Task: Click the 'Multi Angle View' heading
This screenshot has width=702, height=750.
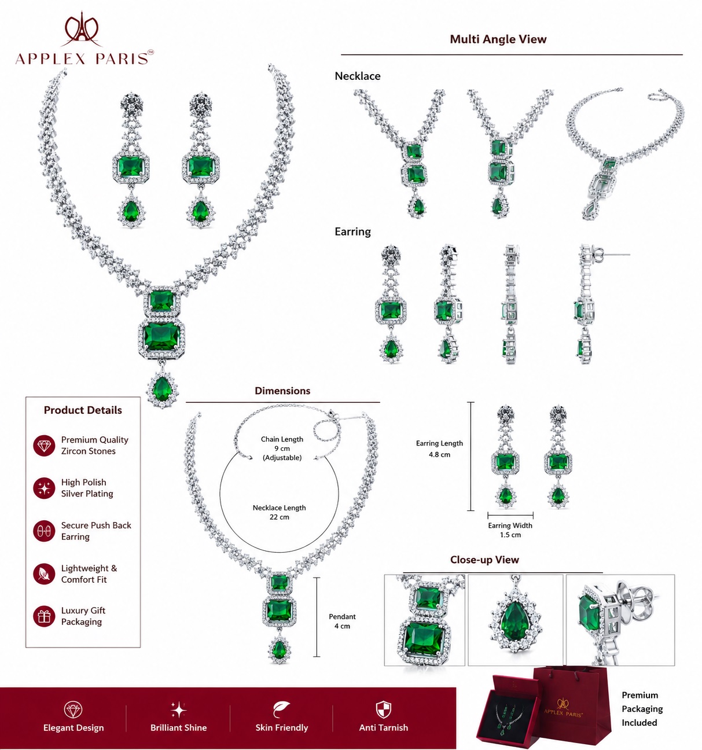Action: [498, 39]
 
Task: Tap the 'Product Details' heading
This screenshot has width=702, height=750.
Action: [83, 410]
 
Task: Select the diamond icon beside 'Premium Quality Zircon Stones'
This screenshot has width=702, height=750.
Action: [44, 446]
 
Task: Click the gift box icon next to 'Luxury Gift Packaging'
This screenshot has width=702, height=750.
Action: [44, 617]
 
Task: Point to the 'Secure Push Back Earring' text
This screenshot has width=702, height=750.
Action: [96, 531]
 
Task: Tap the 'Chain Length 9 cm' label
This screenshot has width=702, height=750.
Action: [282, 444]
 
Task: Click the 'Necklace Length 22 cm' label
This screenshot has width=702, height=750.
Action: [279, 513]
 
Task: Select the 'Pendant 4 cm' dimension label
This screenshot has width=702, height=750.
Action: [342, 621]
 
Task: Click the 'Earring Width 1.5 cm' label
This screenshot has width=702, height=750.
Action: [510, 530]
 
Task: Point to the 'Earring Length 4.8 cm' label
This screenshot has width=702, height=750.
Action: [439, 448]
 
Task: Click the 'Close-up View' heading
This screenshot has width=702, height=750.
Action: [484, 560]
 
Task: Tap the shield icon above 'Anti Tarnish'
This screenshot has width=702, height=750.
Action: [384, 709]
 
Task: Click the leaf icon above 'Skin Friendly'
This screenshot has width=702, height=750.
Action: [281, 709]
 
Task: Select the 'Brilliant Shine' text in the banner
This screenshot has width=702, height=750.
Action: [178, 727]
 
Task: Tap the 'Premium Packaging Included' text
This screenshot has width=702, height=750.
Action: [642, 709]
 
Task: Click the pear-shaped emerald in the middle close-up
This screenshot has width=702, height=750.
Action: [515, 623]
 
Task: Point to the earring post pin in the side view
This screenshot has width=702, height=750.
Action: [615, 255]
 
